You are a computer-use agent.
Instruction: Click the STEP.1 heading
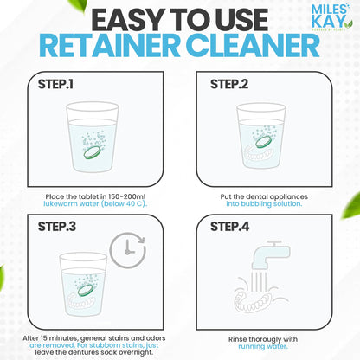tap(55, 86)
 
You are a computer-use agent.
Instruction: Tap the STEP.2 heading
tap(228, 86)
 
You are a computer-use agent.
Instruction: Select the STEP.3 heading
tap(55, 227)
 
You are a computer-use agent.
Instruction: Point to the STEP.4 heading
tap(228, 227)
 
